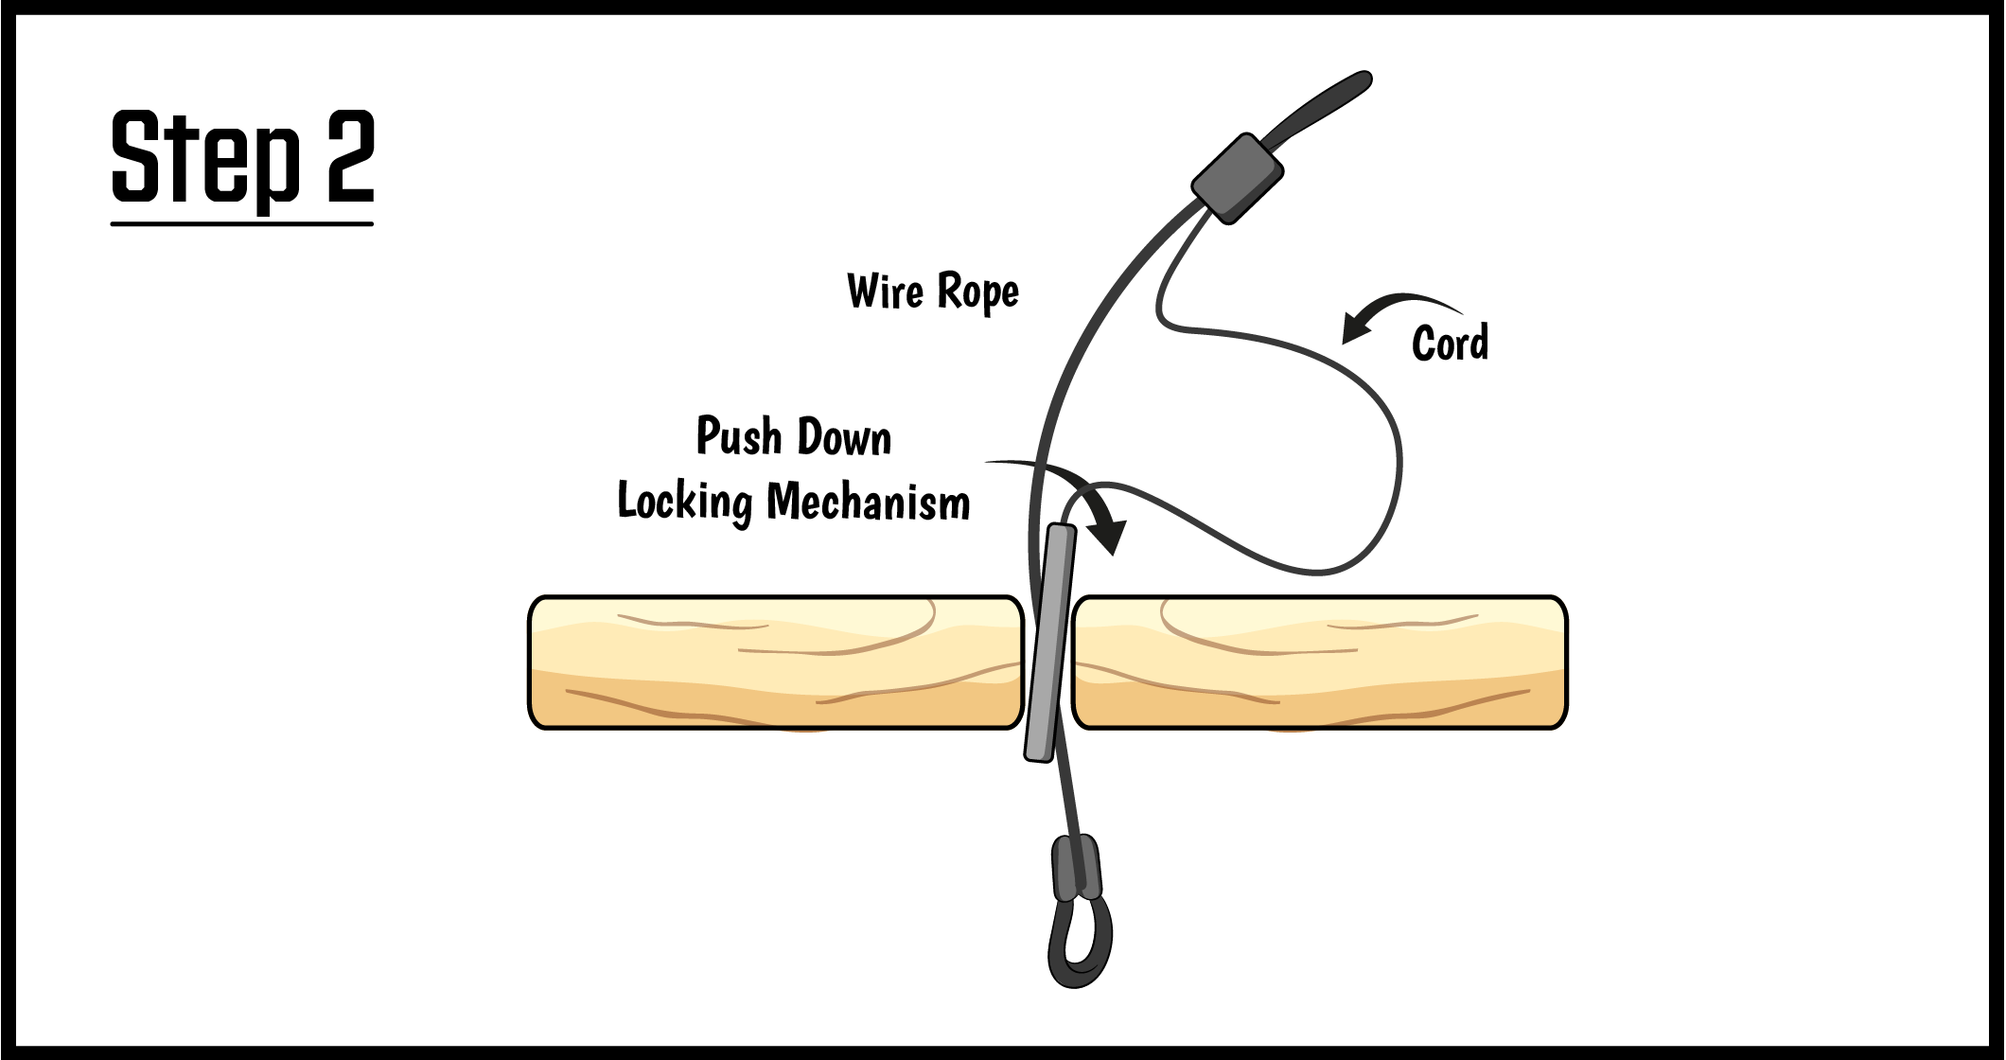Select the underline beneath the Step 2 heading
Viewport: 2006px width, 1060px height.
242,224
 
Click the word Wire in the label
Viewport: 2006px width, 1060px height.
885,291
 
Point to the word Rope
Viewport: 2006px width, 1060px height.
977,293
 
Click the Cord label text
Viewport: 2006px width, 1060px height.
1450,343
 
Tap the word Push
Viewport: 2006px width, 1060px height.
739,436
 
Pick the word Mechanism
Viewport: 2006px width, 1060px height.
868,503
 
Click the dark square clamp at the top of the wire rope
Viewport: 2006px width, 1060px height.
1237,178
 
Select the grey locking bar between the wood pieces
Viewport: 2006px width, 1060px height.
1050,644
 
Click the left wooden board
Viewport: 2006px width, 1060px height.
776,662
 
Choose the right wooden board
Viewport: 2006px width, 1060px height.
1320,662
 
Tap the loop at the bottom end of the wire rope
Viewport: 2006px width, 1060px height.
1080,942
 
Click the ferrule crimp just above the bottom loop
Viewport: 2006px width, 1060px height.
1077,866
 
